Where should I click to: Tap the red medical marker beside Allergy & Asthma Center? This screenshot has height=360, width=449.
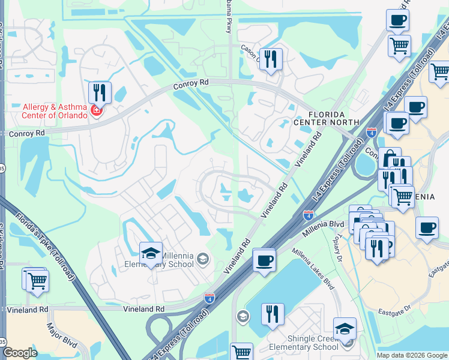[96, 111]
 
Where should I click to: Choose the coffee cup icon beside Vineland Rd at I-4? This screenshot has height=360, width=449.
[264, 260]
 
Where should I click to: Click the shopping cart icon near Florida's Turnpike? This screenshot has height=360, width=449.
[37, 280]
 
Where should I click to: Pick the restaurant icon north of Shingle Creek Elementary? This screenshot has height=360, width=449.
[272, 314]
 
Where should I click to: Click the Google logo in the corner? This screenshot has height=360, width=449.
[20, 353]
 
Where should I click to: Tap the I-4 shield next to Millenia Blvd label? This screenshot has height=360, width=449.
[308, 214]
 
